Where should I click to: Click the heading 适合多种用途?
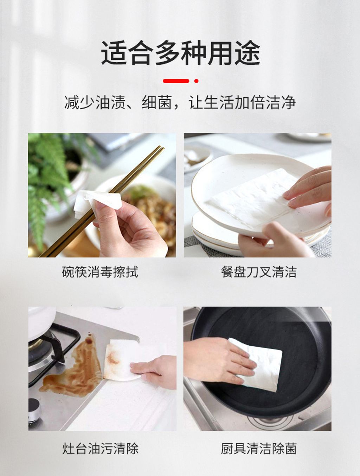[x=180, y=53]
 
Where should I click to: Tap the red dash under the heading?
[x=176, y=81]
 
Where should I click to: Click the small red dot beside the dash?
[x=196, y=81]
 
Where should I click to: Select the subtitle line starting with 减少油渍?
[x=180, y=103]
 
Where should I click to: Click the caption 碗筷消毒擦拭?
[x=100, y=272]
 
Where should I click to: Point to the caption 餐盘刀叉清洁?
[x=259, y=272]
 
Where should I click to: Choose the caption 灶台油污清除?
[x=100, y=449]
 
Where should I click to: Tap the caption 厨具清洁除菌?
[x=259, y=449]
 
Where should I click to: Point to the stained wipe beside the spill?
[x=118, y=358]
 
